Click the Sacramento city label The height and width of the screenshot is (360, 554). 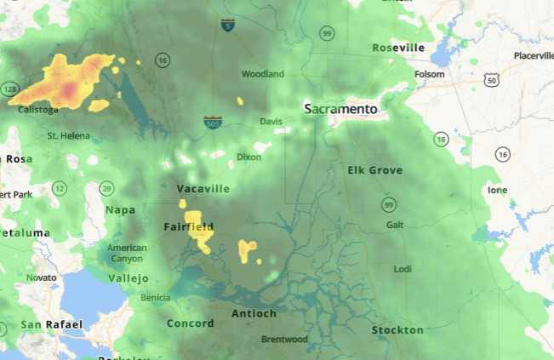(340, 109)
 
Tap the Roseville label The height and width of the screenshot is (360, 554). (397, 49)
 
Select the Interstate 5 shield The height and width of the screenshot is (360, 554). (227, 26)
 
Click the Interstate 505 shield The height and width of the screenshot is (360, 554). (214, 123)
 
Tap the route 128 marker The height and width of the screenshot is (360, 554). (9, 89)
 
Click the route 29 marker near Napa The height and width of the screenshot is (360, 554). (106, 188)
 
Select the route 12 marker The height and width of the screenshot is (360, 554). (59, 188)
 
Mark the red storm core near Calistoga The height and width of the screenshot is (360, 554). (69, 86)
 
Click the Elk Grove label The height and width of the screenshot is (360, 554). (374, 170)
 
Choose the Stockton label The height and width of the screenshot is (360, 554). (397, 330)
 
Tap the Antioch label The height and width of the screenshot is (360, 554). (254, 314)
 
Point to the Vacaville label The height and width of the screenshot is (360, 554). (203, 188)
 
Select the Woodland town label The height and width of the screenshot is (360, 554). (262, 74)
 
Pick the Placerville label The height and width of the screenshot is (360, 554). (534, 56)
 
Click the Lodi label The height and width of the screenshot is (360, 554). (402, 269)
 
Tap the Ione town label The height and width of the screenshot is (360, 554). (497, 190)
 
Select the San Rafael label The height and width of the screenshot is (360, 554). (52, 324)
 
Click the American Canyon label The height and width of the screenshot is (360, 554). (127, 253)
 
